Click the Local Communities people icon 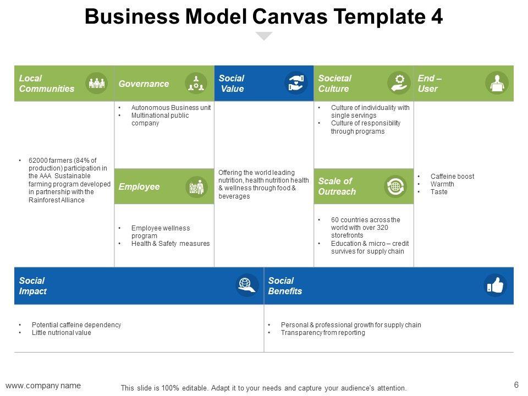coord(97,83)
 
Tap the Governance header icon coord(196,83)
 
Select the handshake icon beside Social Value coord(296,83)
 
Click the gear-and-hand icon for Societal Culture coord(399,83)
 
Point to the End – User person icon coord(497,83)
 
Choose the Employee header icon coord(196,187)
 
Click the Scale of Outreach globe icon coord(395,186)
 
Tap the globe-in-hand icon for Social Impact coord(248,285)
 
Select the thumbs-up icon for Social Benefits coord(495,285)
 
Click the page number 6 coord(516,385)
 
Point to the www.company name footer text coord(43,386)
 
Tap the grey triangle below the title coord(265,36)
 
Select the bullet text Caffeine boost coord(452,177)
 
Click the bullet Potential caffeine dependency coord(76,325)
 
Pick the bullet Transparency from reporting coord(322,333)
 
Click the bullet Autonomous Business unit coord(170,108)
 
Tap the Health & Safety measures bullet coord(170,244)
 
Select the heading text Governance coord(144,84)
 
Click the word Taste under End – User coord(439,192)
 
